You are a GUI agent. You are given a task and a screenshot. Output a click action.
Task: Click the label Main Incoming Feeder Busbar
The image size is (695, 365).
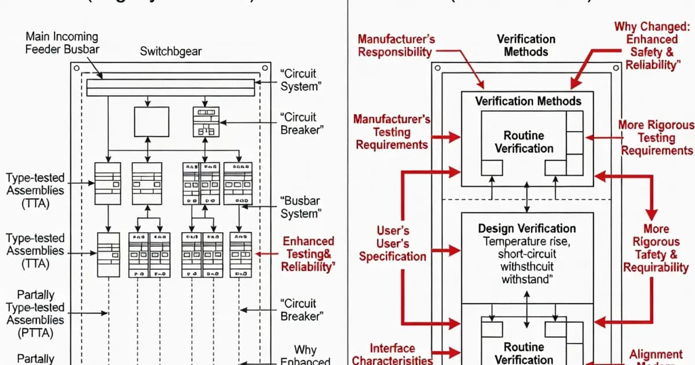62,42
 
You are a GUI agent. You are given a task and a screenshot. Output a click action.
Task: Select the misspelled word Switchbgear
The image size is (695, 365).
171,52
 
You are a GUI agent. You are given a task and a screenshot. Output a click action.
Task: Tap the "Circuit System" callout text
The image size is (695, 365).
299,81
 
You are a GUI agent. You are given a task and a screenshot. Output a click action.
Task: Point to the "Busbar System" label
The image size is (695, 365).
299,207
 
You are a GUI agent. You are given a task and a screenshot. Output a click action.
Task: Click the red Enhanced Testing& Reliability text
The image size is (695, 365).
308,254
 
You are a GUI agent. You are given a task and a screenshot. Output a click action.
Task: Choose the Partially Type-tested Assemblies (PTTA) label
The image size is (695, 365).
35,313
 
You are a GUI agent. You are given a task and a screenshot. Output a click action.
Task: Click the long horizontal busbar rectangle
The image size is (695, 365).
170,87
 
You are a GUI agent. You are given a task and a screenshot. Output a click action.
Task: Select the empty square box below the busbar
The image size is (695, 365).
151,122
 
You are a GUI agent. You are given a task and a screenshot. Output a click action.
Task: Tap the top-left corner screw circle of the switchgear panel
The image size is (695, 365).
76,68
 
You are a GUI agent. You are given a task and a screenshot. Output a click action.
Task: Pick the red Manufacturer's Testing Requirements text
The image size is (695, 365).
392,132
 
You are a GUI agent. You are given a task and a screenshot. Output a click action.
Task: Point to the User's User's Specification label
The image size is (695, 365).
392,243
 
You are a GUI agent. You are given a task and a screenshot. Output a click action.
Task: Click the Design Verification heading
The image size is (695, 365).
526,228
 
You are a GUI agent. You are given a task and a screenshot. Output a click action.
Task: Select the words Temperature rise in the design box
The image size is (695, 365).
526,241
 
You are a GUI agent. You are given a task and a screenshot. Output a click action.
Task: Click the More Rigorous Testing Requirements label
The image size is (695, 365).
656,138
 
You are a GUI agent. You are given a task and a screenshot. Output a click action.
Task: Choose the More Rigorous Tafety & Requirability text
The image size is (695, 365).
656,248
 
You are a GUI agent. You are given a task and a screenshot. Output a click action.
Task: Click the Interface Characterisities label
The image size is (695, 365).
392,354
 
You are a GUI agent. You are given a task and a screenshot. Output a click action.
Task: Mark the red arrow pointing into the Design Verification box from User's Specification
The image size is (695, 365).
445,251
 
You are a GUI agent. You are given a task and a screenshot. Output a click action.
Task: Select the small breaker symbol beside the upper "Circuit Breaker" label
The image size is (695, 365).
206,122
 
